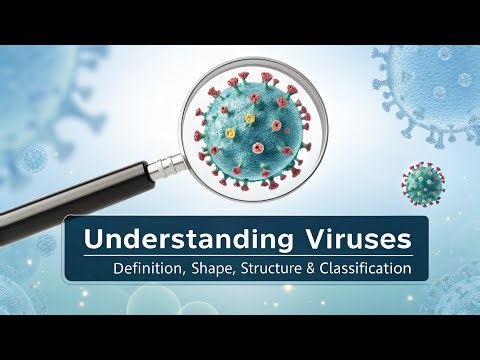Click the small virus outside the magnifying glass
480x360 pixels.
(x=422, y=183)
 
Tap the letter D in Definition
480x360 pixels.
(x=117, y=268)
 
